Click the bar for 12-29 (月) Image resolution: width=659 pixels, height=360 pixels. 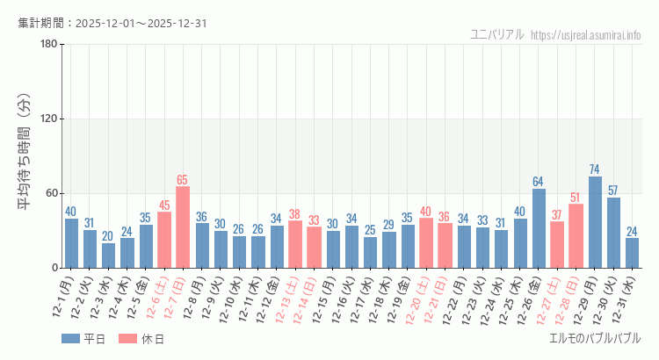595,222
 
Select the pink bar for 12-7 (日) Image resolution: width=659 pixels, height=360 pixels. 183,227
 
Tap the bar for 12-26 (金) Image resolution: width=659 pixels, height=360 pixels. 539,228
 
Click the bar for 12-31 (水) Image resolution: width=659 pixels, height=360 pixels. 632,253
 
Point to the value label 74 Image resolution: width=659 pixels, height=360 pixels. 595,169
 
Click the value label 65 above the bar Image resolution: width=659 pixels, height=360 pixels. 183,180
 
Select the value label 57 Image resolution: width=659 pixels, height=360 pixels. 613,191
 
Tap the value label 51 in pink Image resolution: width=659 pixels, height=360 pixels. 576,198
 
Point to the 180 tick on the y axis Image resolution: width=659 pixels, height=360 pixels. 49,45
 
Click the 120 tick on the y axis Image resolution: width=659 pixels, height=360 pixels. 49,119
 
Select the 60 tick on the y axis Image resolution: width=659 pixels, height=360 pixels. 52,193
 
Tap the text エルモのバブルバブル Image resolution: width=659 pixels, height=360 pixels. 594,338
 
